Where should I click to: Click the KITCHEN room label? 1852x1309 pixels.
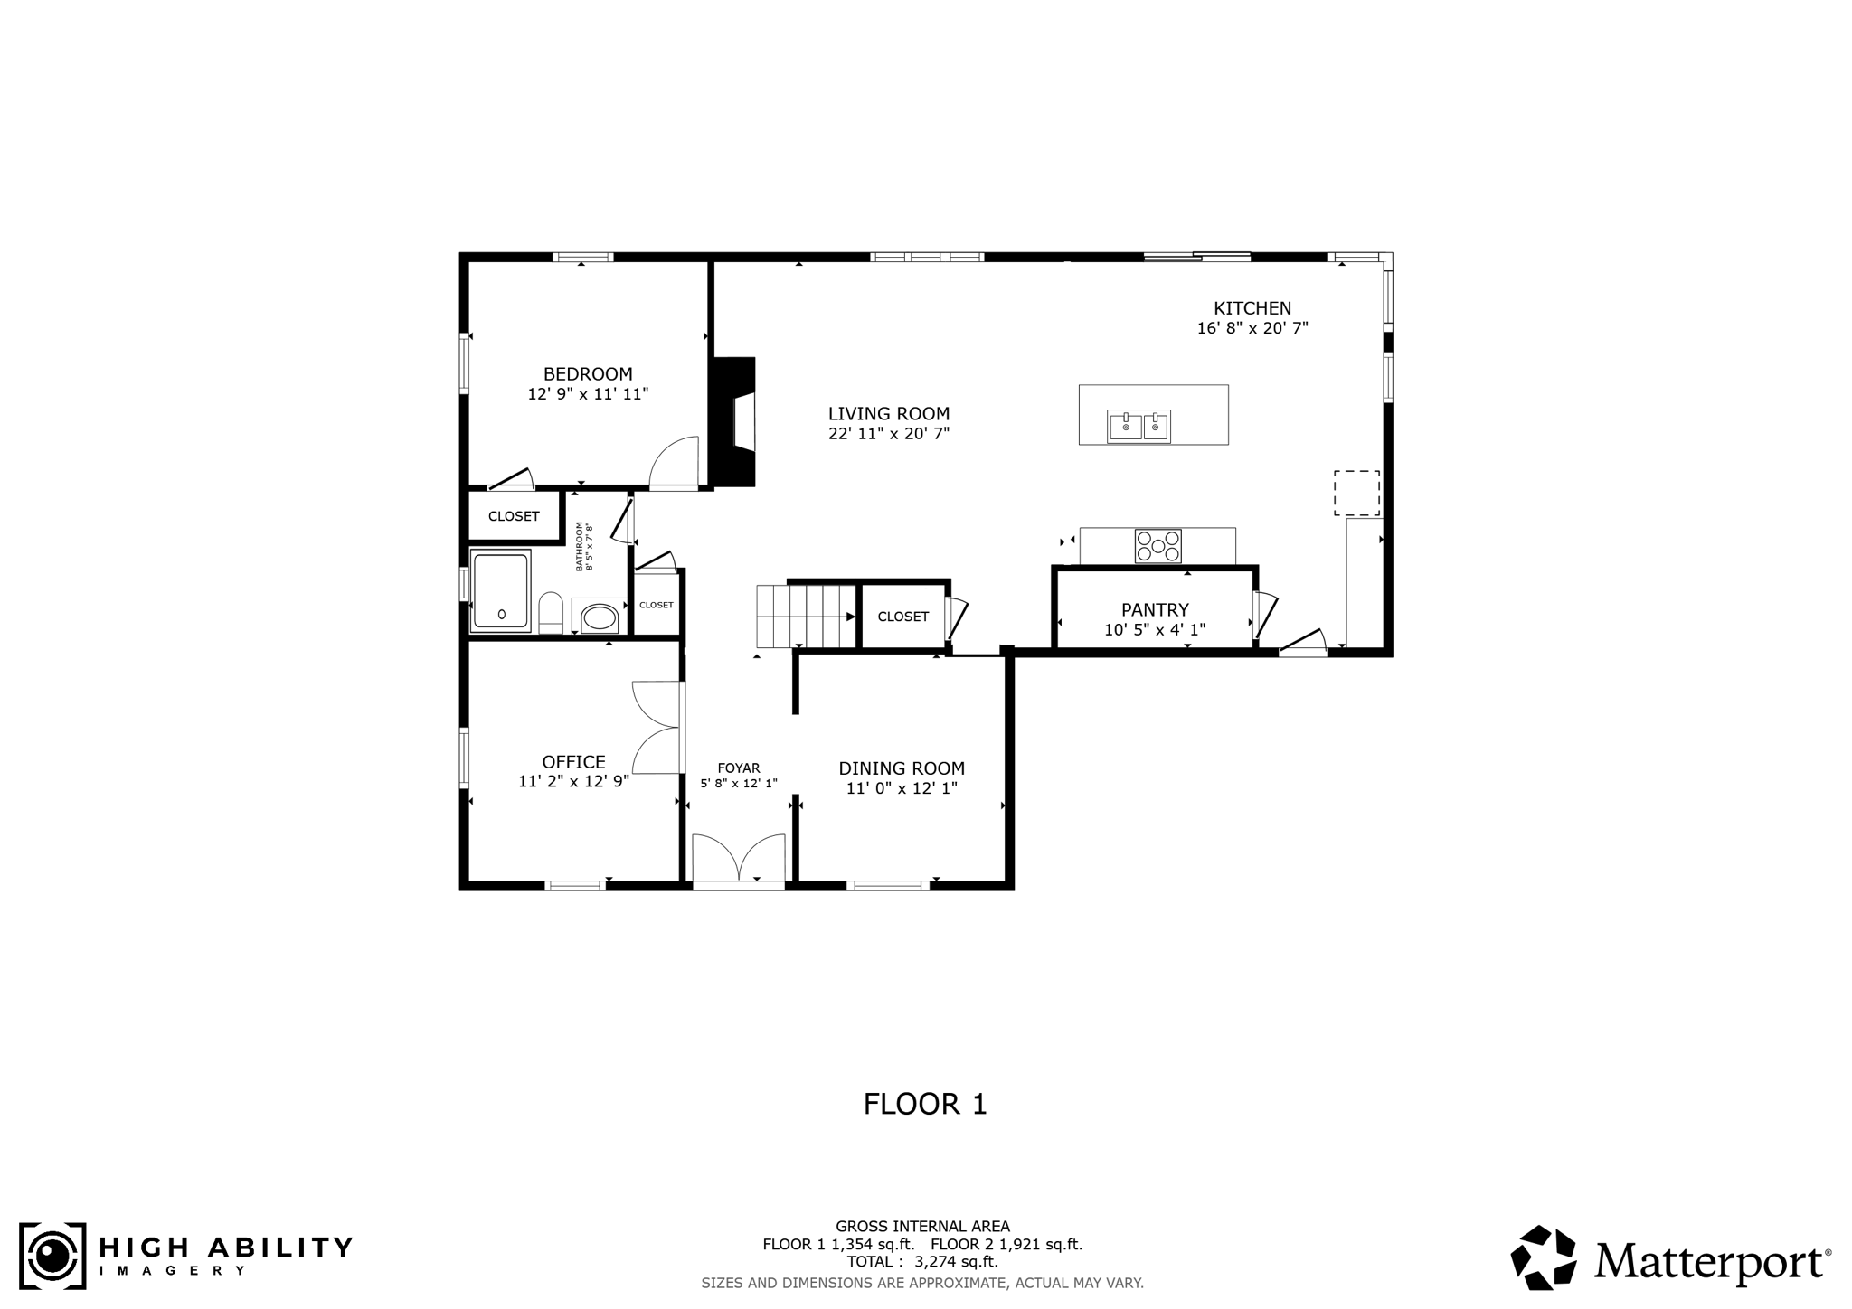click(x=1252, y=308)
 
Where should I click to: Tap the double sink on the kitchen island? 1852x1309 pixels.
click(x=1139, y=427)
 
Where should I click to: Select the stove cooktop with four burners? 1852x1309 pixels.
click(x=1158, y=546)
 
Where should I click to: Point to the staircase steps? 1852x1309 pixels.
click(x=805, y=617)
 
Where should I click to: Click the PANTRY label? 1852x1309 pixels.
click(x=1155, y=610)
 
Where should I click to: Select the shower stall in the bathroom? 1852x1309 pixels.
click(x=500, y=589)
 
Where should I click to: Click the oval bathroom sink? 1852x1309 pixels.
click(x=600, y=617)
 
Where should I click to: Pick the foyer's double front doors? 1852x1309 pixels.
click(x=739, y=859)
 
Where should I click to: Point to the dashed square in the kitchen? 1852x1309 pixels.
click(x=1357, y=493)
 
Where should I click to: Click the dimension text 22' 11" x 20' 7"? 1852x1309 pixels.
click(x=889, y=434)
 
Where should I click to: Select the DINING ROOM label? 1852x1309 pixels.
click(x=902, y=768)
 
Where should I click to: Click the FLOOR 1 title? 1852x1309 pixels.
click(x=925, y=1104)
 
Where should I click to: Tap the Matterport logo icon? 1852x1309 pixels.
click(x=1543, y=1257)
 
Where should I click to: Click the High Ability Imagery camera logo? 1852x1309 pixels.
click(x=52, y=1257)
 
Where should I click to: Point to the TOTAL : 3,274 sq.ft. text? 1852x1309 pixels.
click(x=922, y=1261)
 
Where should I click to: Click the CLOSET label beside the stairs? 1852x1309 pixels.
click(x=902, y=617)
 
